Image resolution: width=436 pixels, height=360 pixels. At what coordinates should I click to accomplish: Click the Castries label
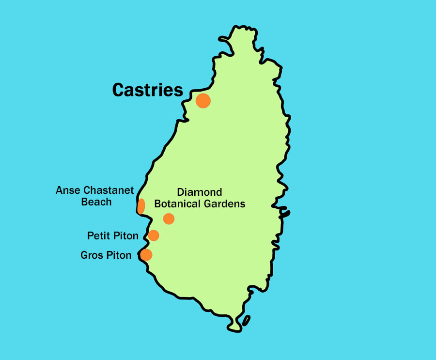pos(147,90)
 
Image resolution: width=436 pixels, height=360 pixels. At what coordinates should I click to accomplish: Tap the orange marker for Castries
pos(203,101)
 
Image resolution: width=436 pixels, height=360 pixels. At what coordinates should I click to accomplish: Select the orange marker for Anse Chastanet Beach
pos(141,206)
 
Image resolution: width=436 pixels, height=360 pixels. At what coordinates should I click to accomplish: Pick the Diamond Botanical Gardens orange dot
pos(169,219)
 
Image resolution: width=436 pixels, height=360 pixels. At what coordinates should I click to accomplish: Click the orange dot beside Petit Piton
pos(154,235)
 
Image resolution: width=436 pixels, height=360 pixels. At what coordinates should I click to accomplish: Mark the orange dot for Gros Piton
pos(146,255)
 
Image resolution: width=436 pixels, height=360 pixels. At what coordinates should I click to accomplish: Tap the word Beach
pos(96,202)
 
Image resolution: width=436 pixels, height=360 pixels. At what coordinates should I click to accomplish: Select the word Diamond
pos(199,192)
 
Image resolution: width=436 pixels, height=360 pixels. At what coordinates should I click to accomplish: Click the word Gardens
pos(226,204)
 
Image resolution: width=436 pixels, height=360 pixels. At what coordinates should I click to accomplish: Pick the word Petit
pos(98,236)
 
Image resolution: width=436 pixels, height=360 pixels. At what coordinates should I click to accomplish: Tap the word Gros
pos(92,255)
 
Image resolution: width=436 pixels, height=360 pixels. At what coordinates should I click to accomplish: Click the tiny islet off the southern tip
pos(246,320)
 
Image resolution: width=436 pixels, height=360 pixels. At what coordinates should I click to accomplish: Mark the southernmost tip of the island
pos(235,331)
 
